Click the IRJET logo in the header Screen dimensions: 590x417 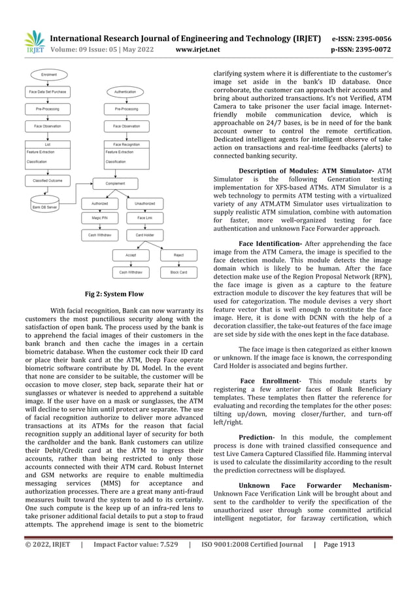[x=34, y=41]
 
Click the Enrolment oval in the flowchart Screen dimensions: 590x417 [x=49, y=75]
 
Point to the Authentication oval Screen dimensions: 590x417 [x=125, y=92]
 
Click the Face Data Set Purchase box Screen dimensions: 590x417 [x=49, y=92]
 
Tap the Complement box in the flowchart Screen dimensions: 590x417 [x=115, y=184]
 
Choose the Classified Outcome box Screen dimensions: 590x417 [x=49, y=179]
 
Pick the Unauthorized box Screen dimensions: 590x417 [x=144, y=203]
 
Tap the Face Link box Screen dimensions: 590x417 [x=144, y=217]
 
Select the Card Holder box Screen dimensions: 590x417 [x=144, y=234]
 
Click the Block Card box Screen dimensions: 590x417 [x=178, y=271]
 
